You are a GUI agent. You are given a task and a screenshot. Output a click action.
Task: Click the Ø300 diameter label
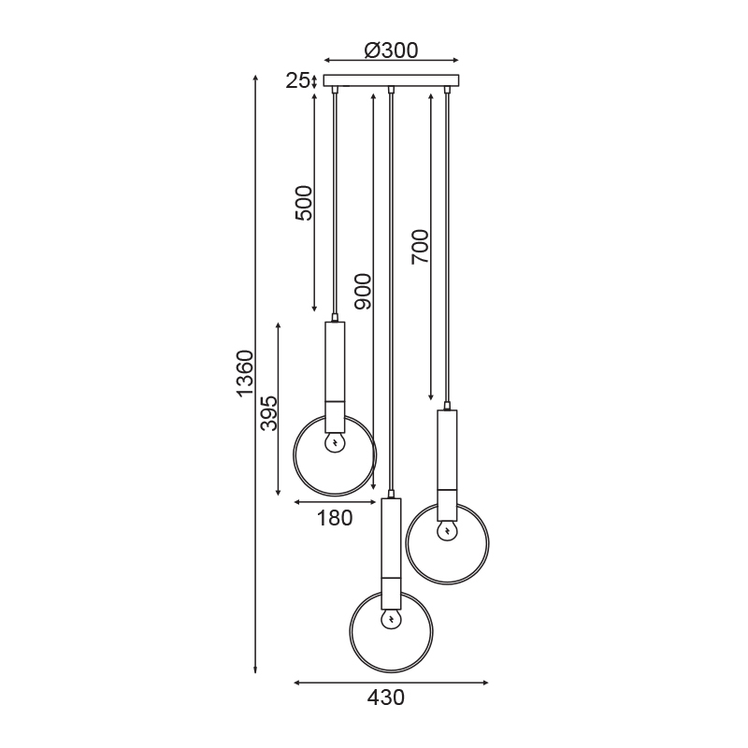click(x=391, y=50)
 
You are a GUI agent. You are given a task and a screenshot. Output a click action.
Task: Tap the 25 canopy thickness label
click(x=296, y=81)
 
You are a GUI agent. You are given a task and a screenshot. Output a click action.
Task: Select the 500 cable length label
click(x=304, y=203)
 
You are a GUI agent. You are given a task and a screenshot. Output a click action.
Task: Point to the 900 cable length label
click(x=363, y=292)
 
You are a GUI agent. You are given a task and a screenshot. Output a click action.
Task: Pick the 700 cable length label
click(x=420, y=247)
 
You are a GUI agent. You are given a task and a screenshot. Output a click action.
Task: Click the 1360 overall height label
click(x=245, y=373)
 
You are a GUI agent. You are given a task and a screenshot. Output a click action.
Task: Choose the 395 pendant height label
click(x=269, y=413)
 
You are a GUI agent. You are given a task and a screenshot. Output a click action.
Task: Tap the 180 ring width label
click(x=335, y=518)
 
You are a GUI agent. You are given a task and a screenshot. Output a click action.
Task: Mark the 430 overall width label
click(x=386, y=698)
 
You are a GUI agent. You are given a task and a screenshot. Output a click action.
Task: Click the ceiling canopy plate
click(x=391, y=80)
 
